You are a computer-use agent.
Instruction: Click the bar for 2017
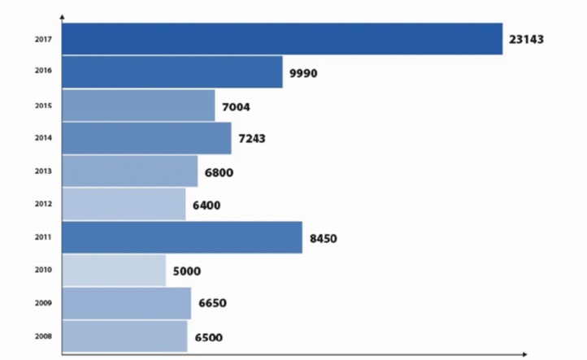click(x=282, y=39)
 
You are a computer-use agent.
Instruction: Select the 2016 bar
click(x=172, y=72)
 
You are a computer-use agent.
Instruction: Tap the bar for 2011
click(x=182, y=237)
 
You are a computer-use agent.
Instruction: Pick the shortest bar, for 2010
click(x=114, y=270)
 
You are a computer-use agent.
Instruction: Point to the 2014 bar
click(x=146, y=138)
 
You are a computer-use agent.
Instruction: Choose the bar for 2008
click(x=124, y=336)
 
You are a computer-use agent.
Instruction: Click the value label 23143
click(x=526, y=39)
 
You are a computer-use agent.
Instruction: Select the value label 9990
click(x=302, y=73)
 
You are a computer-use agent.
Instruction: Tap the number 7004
click(x=236, y=106)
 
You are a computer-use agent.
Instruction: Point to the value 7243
click(x=252, y=139)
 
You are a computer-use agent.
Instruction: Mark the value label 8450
click(x=323, y=238)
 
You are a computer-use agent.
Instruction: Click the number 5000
click(x=186, y=271)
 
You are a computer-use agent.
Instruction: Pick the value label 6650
click(x=211, y=304)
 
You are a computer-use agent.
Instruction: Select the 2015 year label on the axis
click(x=44, y=106)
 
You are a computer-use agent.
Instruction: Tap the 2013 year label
click(x=44, y=171)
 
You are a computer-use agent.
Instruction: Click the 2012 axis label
click(x=44, y=205)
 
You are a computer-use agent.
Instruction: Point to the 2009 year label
click(x=44, y=303)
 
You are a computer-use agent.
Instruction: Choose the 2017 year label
click(x=44, y=39)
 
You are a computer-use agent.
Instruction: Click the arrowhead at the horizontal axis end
click(x=524, y=353)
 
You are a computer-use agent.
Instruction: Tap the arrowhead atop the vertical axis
click(x=63, y=16)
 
